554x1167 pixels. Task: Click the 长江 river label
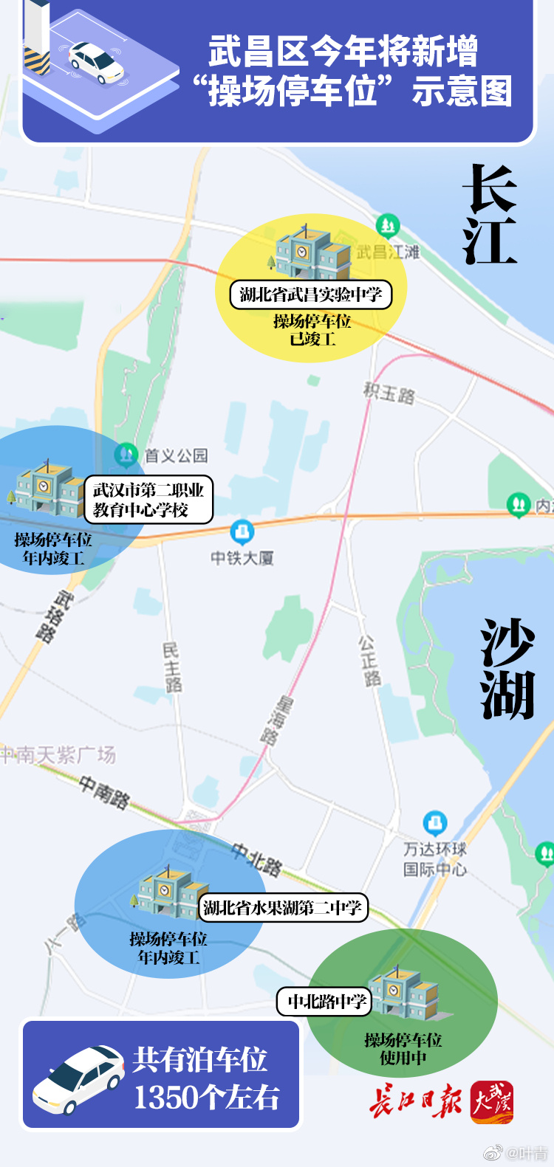[x=489, y=214]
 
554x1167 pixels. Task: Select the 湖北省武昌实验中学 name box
[x=310, y=295]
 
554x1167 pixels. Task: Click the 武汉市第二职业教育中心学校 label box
[x=148, y=500]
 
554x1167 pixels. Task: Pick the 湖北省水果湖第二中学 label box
[x=283, y=907]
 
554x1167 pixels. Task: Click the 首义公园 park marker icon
[x=126, y=455]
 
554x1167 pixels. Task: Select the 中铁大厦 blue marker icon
[x=242, y=531]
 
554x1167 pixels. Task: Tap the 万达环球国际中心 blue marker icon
[x=434, y=823]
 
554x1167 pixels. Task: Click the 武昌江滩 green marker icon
[x=387, y=224]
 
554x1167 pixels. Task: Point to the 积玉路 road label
[x=389, y=392]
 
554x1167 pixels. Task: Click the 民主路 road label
[x=171, y=667]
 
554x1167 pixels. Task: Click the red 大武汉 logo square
[x=493, y=1102]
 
